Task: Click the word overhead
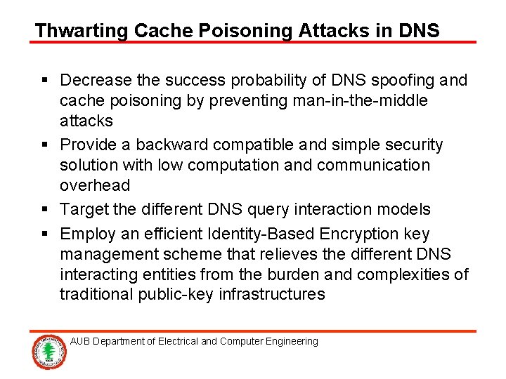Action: click(95, 186)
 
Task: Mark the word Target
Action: click(82, 210)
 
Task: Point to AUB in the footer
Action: click(80, 342)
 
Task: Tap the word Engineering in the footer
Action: click(290, 342)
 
